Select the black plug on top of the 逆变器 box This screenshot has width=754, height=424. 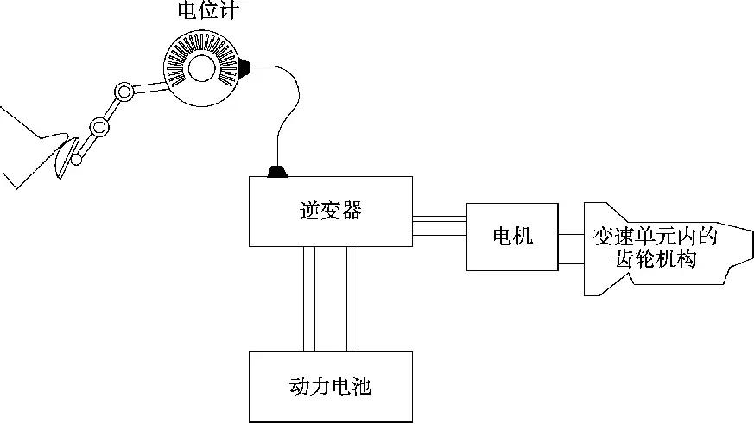pyautogui.click(x=277, y=172)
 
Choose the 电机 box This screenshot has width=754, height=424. pyautogui.click(x=512, y=236)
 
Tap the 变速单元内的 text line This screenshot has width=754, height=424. pyautogui.click(x=656, y=236)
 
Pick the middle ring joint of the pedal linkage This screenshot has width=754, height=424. pyautogui.click(x=100, y=128)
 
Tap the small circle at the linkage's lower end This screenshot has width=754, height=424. pyautogui.click(x=78, y=158)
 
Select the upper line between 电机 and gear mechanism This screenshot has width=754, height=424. pyautogui.click(x=571, y=233)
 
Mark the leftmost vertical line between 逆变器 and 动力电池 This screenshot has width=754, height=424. pyautogui.click(x=303, y=298)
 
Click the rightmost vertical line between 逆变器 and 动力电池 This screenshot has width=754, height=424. pyautogui.click(x=358, y=298)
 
